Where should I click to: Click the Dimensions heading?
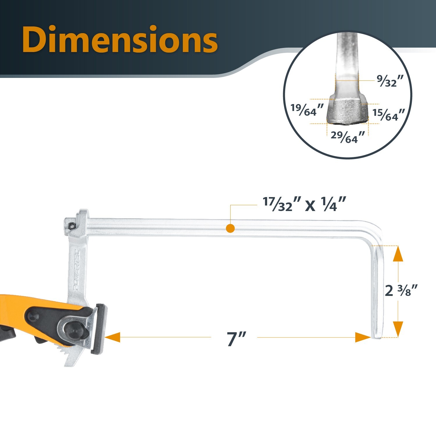coord(120,39)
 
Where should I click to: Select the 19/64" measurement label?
coord(307,110)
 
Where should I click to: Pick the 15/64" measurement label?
coord(389,115)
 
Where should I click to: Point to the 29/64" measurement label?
coord(348,137)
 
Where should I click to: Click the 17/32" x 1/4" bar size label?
coord(304,204)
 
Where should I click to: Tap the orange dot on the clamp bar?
coord(230,228)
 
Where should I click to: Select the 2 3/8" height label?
coord(401,290)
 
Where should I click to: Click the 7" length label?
coord(236,339)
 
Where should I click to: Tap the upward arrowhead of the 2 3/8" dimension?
coord(398,254)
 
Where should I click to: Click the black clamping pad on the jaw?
coord(100,328)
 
